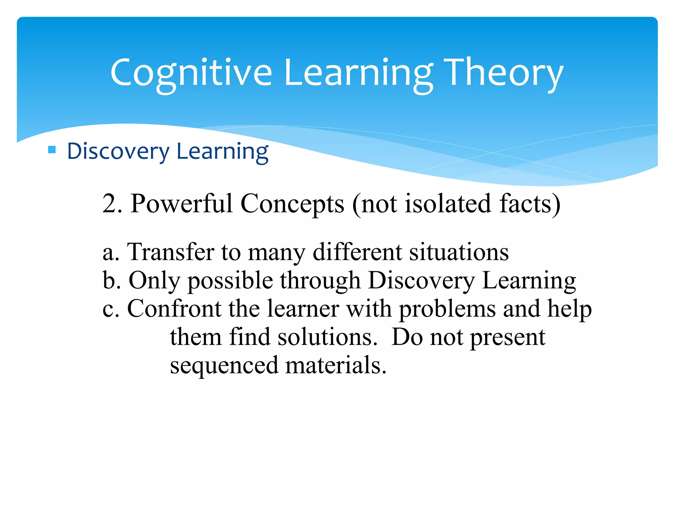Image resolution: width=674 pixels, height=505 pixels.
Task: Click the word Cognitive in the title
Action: coord(191,73)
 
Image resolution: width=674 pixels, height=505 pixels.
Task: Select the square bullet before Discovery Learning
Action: coord(52,150)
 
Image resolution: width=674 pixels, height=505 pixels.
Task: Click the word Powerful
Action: coord(182,204)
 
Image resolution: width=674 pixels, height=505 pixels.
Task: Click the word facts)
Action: coord(530,204)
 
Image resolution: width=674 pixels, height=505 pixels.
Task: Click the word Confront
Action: coord(174,309)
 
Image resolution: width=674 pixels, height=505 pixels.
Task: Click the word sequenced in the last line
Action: coord(224,366)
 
